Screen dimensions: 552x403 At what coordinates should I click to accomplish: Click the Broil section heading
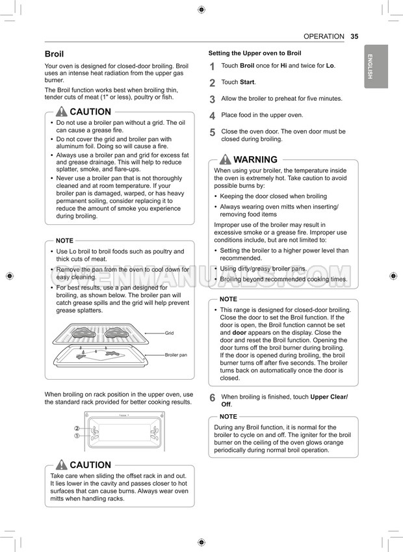(x=54, y=54)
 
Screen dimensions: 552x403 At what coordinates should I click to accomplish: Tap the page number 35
(x=354, y=36)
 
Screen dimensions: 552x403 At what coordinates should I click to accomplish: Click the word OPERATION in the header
(x=324, y=36)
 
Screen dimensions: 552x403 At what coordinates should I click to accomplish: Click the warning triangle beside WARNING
(x=225, y=159)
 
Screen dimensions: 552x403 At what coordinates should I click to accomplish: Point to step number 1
(x=212, y=67)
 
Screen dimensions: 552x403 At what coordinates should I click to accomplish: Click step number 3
(x=212, y=99)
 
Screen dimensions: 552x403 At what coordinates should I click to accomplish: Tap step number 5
(x=212, y=133)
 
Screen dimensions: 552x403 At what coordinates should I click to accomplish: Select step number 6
(x=212, y=398)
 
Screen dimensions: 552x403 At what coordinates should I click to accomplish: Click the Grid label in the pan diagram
(x=169, y=333)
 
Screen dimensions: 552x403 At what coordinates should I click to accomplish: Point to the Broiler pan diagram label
(x=175, y=355)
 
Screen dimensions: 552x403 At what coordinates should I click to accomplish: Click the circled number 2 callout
(x=77, y=428)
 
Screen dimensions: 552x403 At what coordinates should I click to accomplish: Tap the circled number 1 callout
(x=77, y=436)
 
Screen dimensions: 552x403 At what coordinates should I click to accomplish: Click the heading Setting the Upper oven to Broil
(x=254, y=53)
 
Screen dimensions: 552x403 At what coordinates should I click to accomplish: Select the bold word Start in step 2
(x=247, y=83)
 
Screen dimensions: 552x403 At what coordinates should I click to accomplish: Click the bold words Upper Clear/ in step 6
(x=329, y=397)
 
